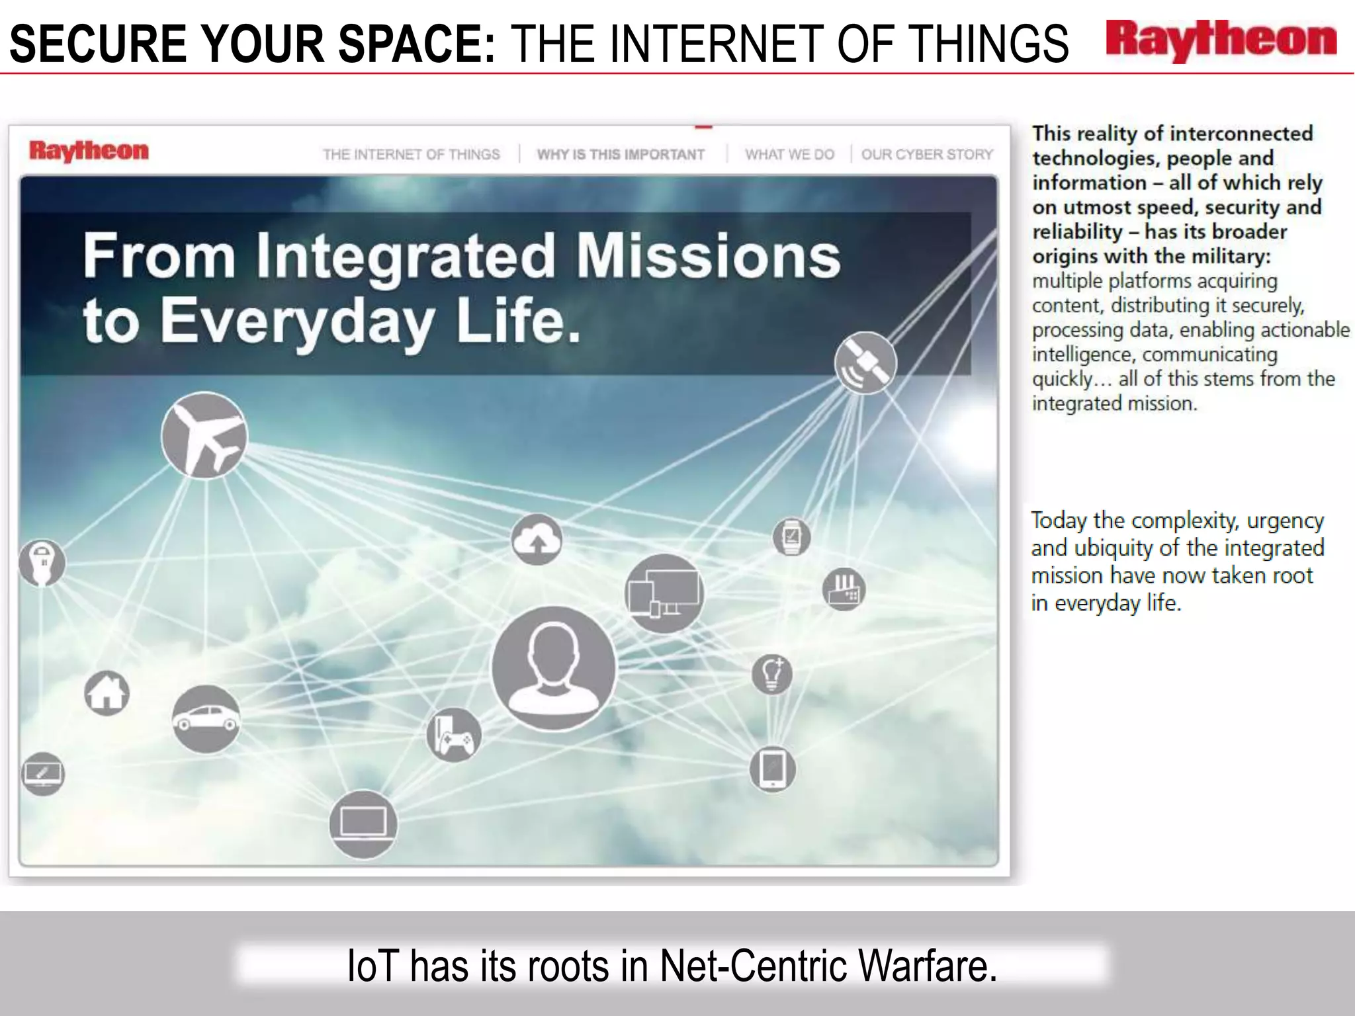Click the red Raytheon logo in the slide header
point(1221,41)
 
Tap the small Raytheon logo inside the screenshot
point(89,151)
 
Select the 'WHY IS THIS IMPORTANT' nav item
point(620,155)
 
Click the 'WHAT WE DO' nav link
point(789,155)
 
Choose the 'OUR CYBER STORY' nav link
point(927,155)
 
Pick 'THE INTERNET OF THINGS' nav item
point(411,155)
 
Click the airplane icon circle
point(204,435)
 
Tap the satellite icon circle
point(865,363)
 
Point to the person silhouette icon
point(553,668)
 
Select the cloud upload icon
point(537,540)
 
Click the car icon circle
point(206,719)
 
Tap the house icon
point(107,693)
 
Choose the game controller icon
point(453,735)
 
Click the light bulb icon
point(772,674)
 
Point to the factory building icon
point(844,588)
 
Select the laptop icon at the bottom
point(363,824)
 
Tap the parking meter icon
point(42,563)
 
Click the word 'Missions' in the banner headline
point(708,256)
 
